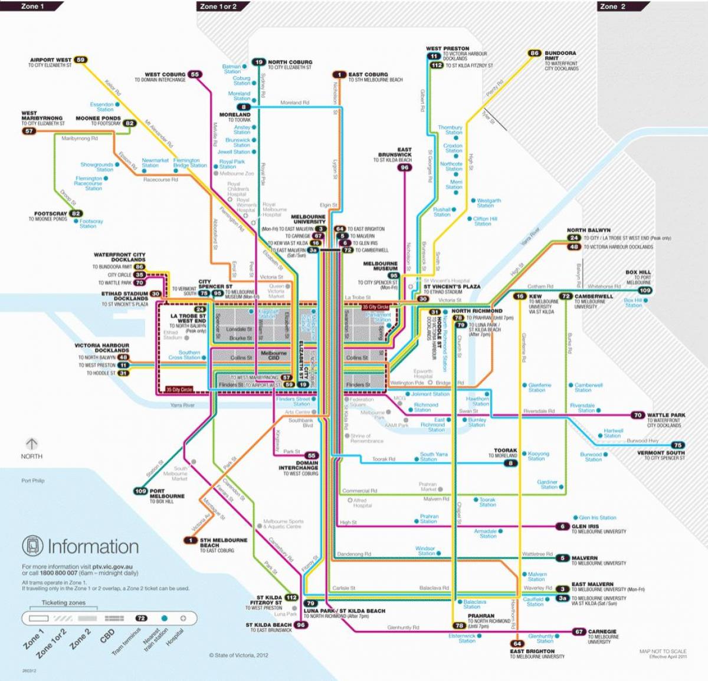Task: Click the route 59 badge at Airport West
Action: [81, 60]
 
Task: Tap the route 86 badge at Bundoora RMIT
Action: [535, 53]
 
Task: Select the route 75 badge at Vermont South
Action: [678, 445]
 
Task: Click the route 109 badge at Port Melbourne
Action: [140, 491]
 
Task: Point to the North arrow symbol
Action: [31, 443]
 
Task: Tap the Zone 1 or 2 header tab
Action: [218, 6]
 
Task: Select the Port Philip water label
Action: [33, 481]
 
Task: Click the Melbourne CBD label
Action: [274, 355]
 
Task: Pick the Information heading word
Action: [93, 547]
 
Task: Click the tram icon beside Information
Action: [32, 546]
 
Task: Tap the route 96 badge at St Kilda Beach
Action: [301, 625]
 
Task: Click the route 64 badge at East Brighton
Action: [517, 643]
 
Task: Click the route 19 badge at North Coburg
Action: [259, 62]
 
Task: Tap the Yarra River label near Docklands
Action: [182, 405]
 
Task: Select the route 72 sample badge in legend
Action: [141, 618]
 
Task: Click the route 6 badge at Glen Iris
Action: [562, 527]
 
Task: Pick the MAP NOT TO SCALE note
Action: [663, 651]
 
